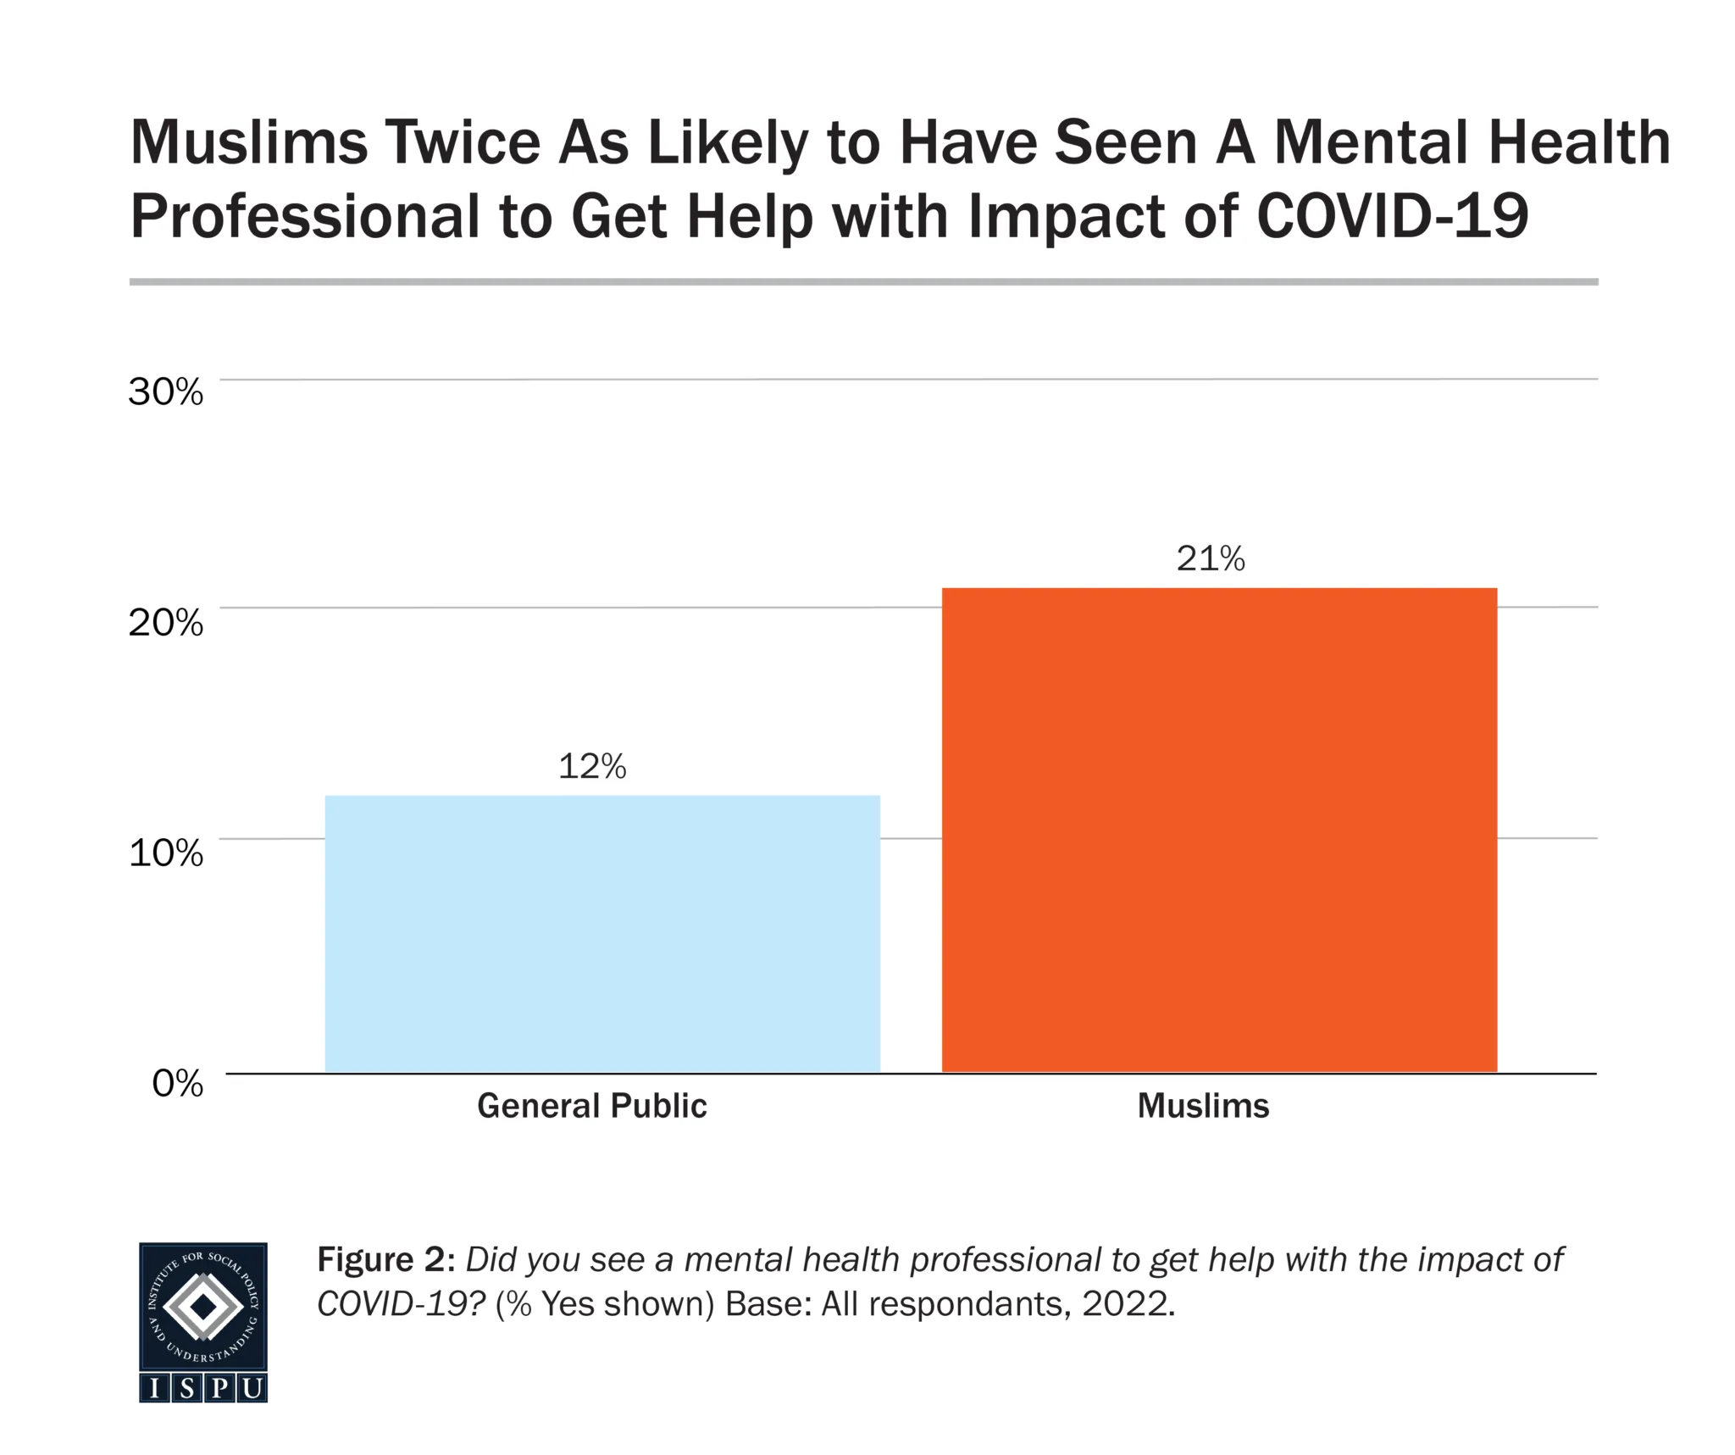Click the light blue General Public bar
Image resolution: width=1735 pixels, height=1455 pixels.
click(x=602, y=933)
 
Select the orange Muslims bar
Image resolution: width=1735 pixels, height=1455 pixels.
click(x=1219, y=830)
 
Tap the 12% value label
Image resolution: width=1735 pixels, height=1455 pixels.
click(x=592, y=767)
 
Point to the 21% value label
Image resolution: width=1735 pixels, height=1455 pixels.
click(x=1211, y=559)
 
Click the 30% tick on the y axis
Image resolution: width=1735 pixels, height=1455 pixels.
click(x=166, y=392)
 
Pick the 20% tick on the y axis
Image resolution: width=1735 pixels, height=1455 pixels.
click(x=166, y=623)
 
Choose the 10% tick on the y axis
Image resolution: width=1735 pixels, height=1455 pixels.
click(x=166, y=852)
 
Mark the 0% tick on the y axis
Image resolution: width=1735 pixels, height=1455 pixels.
click(x=178, y=1083)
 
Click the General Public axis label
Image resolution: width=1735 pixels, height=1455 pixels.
click(x=591, y=1106)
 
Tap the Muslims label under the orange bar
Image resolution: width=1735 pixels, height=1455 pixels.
click(x=1203, y=1106)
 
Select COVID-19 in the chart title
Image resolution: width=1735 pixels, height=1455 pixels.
click(x=1392, y=216)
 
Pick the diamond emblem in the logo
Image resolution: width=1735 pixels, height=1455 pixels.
click(x=203, y=1308)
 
